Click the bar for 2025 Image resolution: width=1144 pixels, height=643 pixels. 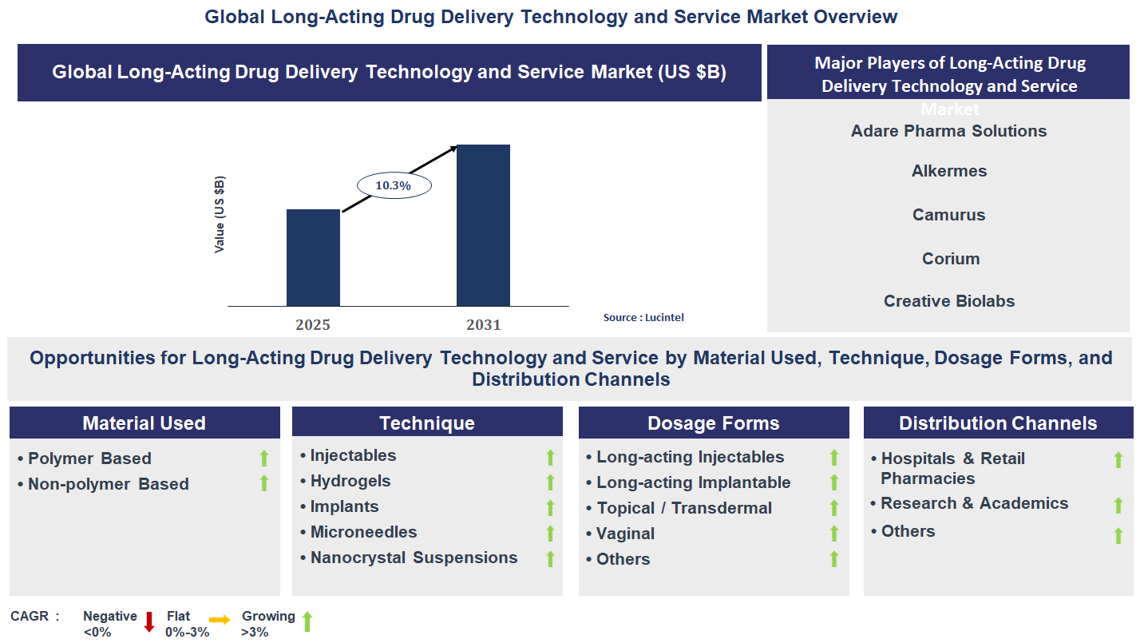pos(313,257)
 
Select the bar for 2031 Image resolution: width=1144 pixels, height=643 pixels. pos(483,225)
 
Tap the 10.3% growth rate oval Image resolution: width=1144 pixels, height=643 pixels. pos(393,185)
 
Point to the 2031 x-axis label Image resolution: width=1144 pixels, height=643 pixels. pos(483,325)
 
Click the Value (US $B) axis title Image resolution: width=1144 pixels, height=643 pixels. pos(220,215)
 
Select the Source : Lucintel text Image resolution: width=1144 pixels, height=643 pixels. pos(643,317)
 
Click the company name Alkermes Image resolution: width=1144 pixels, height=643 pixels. pos(949,171)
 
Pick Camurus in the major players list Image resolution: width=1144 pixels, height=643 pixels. pos(949,215)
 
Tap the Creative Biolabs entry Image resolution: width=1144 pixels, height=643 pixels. pos(949,301)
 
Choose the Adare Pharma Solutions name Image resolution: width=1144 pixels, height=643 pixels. pos(948,131)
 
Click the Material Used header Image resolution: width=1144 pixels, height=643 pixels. pos(144,423)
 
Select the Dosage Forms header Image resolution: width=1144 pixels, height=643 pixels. pos(713,423)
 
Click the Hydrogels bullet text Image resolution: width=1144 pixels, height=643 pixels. pos(350,481)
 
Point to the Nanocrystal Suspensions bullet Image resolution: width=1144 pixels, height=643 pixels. pos(414,558)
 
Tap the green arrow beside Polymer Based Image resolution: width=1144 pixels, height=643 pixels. pos(264,458)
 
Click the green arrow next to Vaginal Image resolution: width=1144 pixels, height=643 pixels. pos(834,534)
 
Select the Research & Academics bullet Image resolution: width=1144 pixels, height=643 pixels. pos(974,503)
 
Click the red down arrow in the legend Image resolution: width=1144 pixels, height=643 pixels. pos(148,621)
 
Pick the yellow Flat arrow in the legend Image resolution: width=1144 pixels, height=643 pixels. pos(220,620)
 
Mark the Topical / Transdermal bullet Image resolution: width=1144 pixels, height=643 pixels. pos(684,508)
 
